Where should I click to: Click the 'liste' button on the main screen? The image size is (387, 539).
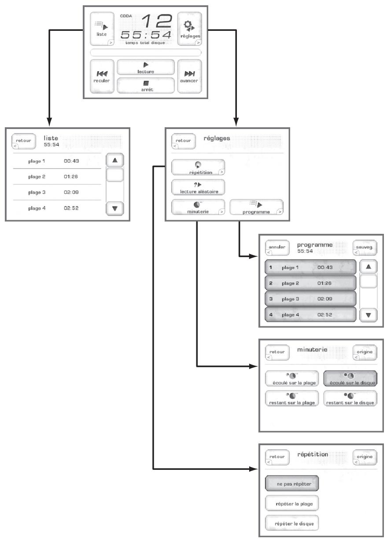coord(101,28)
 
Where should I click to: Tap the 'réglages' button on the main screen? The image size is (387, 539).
coord(190,28)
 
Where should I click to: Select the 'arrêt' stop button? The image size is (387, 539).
coord(146,85)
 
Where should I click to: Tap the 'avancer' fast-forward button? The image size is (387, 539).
coord(190,76)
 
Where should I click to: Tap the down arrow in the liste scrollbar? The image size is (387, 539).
coord(115,208)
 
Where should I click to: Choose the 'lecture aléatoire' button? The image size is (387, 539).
coord(198,187)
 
